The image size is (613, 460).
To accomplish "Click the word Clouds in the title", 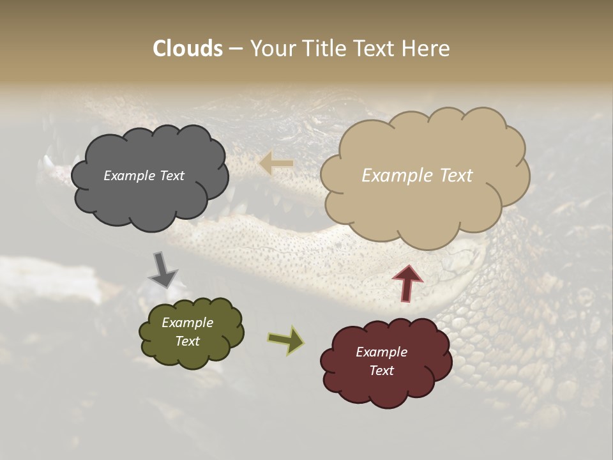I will [188, 49].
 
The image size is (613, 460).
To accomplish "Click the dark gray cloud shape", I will [148, 198].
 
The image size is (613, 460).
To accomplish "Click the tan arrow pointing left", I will [276, 164].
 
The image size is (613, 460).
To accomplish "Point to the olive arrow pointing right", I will [285, 341].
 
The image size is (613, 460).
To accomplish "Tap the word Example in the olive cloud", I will [187, 323].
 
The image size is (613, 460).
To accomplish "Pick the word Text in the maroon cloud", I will [381, 371].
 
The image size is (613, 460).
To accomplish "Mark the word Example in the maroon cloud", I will [381, 352].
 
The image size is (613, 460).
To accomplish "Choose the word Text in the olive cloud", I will [187, 341].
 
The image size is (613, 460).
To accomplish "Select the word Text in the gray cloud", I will [172, 176].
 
